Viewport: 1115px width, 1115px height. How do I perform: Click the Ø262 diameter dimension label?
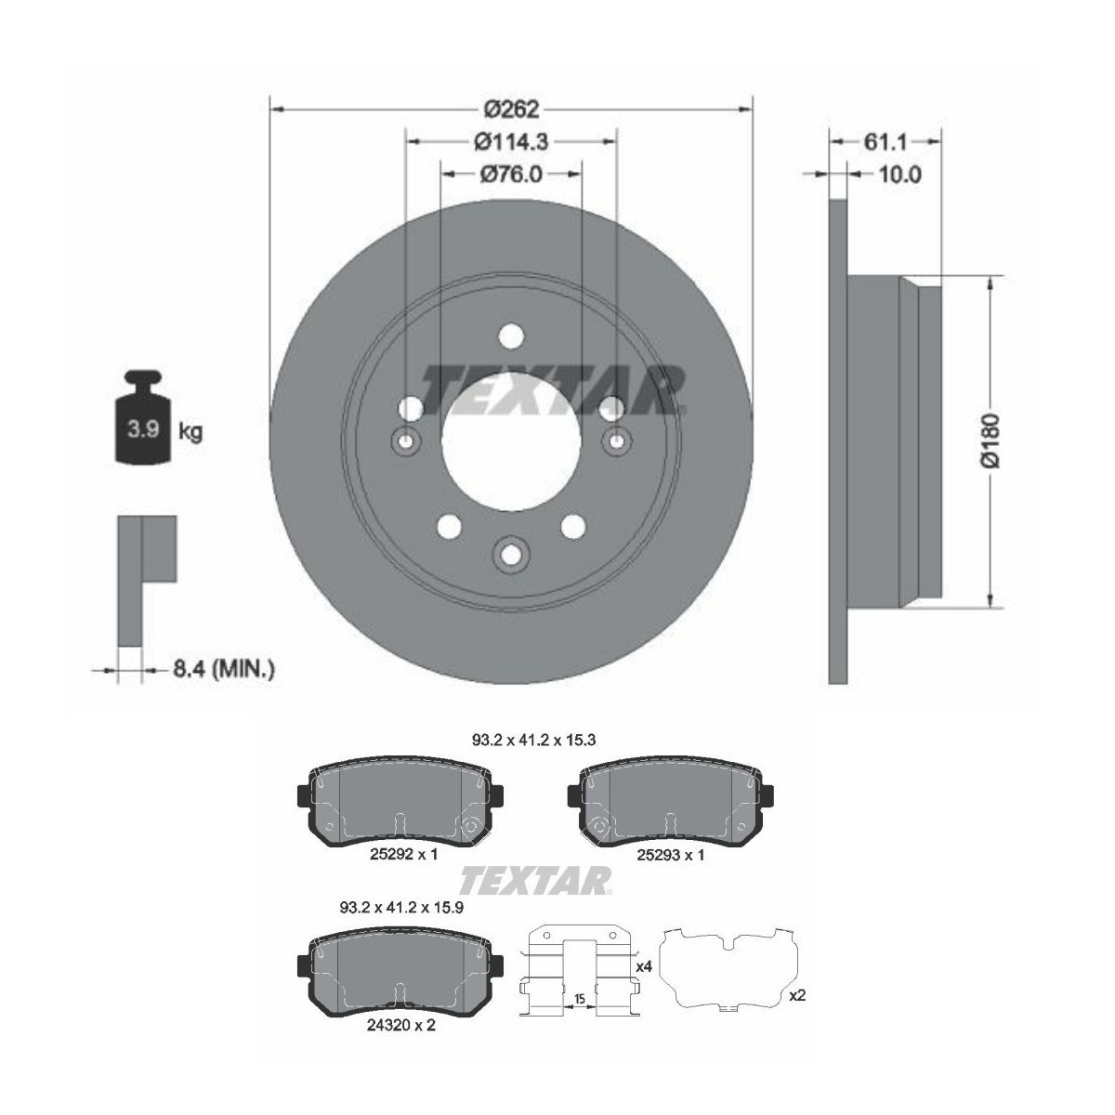click(511, 109)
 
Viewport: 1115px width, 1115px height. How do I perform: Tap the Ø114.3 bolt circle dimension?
click(511, 142)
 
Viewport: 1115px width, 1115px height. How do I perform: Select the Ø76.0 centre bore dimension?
click(511, 174)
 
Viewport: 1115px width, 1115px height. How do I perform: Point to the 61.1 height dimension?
click(885, 142)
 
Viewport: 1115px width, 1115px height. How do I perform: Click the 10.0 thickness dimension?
click(899, 174)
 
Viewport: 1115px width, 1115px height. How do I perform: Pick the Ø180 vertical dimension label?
click(991, 440)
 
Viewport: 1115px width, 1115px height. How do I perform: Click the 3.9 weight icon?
click(144, 415)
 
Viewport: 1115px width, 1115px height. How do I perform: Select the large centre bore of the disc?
click(511, 441)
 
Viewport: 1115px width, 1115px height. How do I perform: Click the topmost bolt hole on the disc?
click(511, 336)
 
